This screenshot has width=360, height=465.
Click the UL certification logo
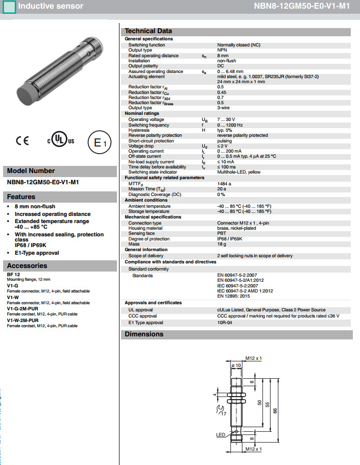coord(61,140)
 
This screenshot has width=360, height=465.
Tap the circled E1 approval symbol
coord(99,143)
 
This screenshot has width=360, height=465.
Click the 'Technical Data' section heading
coord(148,31)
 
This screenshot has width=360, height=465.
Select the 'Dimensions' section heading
coord(144,334)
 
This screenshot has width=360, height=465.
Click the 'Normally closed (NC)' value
coord(238,45)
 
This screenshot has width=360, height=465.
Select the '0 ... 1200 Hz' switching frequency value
coord(230,125)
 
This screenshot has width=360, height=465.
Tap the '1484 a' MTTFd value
coord(224,183)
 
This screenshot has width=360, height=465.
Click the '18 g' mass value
coord(222,244)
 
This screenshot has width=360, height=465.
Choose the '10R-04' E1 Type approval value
coord(224,323)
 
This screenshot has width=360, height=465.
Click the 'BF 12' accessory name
coord(13,275)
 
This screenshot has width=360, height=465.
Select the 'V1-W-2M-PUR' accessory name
coord(22,320)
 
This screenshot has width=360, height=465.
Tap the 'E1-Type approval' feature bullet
coord(37,253)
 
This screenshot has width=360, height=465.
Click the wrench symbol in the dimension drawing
coord(219,409)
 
